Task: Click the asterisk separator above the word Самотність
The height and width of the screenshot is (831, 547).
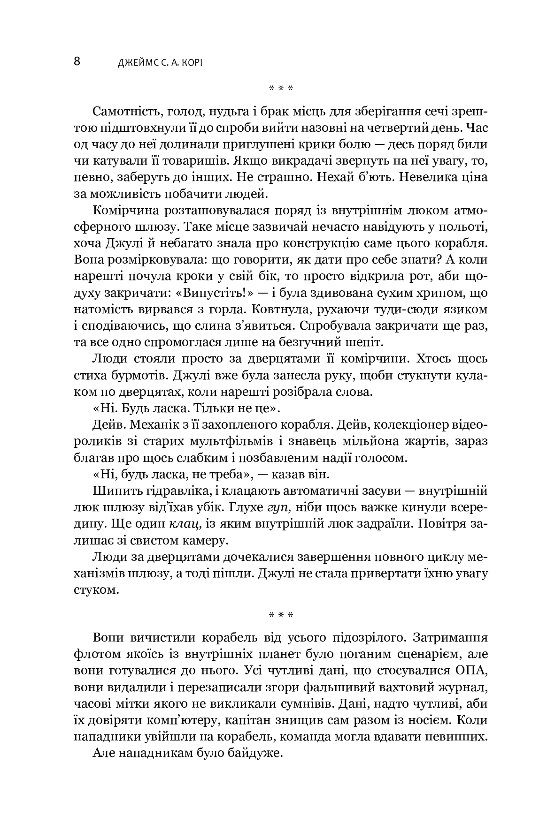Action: click(281, 88)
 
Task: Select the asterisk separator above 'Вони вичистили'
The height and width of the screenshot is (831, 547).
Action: click(281, 614)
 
